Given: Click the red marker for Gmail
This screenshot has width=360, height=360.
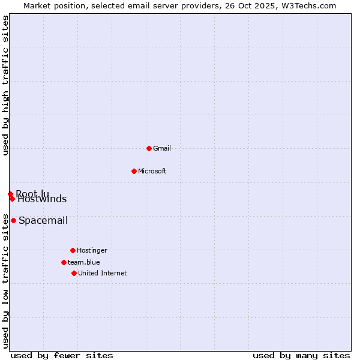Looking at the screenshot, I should click(x=149, y=148).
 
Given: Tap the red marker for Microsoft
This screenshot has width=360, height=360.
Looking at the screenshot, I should click(x=134, y=171).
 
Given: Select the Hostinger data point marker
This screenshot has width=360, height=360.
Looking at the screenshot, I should click(x=73, y=250).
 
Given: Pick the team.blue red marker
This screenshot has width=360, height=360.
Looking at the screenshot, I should click(x=64, y=262).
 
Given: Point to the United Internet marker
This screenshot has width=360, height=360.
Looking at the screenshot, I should click(x=74, y=273).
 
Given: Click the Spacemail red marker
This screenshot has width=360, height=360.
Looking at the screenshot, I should click(x=13, y=220).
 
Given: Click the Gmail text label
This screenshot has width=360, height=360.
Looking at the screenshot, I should click(x=162, y=148).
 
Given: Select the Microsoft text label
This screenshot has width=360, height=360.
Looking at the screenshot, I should click(x=152, y=171).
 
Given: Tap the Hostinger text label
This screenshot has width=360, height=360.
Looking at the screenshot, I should click(x=92, y=250).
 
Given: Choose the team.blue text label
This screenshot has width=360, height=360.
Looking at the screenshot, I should click(x=84, y=262).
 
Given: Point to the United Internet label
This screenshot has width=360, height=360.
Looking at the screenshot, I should click(x=103, y=273).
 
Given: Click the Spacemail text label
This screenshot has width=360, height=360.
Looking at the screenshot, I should click(x=43, y=220).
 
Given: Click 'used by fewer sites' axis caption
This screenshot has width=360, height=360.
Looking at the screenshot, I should click(x=62, y=355).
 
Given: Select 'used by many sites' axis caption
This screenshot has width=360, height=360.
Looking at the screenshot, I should click(x=301, y=355).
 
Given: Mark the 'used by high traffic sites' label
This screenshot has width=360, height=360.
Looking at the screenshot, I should click(x=6, y=85).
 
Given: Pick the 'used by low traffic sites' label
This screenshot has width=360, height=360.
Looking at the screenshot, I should click(x=6, y=281).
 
